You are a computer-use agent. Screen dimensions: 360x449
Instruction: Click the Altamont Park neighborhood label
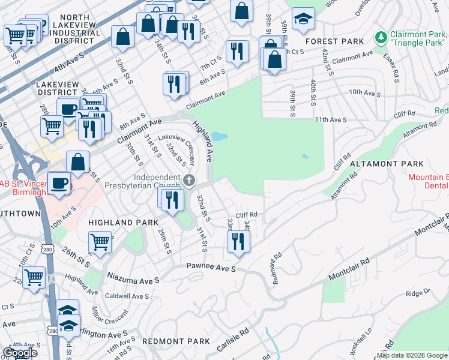(387, 163)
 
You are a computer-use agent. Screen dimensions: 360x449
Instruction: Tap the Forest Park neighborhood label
(334, 41)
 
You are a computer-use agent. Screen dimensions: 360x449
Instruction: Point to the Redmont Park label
(176, 341)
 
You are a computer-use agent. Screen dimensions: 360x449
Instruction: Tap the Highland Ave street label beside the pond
(202, 142)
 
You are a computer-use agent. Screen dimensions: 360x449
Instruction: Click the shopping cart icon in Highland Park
(100, 242)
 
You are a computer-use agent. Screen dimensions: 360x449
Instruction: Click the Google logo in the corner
(20, 353)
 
